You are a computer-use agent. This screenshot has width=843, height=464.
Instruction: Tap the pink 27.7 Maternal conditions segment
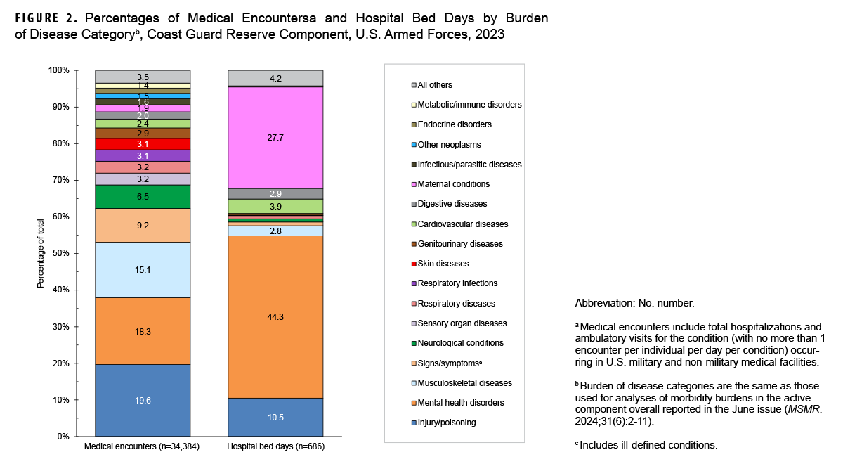click(x=275, y=138)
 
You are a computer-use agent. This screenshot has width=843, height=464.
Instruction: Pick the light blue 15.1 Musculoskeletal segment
click(x=143, y=270)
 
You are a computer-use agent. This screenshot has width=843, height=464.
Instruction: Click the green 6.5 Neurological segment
click(x=143, y=197)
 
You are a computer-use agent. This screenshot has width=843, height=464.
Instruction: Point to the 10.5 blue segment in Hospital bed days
click(x=275, y=417)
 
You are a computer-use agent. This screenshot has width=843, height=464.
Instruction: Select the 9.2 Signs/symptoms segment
click(x=143, y=226)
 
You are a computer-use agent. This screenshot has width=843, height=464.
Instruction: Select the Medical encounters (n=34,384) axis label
click(x=143, y=447)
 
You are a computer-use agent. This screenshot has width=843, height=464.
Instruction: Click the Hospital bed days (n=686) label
click(x=275, y=447)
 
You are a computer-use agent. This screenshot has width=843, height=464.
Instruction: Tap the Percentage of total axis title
click(x=41, y=253)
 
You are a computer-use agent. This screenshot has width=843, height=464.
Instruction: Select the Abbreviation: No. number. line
click(x=634, y=304)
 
